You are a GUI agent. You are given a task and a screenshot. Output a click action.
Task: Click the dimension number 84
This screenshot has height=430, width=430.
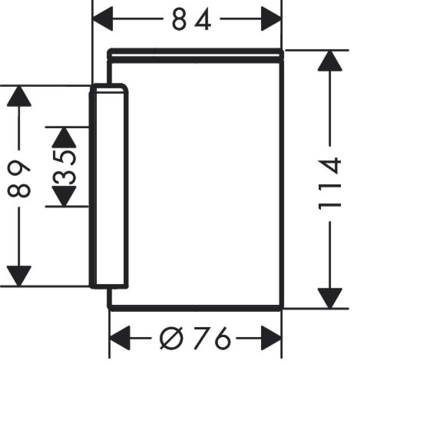click(x=191, y=19)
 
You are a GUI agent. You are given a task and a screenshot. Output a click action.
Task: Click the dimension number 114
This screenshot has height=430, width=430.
click(x=330, y=184)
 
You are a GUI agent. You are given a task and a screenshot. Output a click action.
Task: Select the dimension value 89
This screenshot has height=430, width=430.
click(x=18, y=178)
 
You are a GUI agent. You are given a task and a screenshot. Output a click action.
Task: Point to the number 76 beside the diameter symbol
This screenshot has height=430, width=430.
click(x=213, y=338)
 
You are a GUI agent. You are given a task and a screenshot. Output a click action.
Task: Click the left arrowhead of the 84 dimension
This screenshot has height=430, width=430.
click(x=103, y=18)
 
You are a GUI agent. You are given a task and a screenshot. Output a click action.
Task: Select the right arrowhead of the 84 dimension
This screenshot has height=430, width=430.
click(x=271, y=18)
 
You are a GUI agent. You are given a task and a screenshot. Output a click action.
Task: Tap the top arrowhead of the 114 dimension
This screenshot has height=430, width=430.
click(x=330, y=61)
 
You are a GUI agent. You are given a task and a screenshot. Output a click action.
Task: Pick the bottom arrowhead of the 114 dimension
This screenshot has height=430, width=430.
click(x=330, y=298)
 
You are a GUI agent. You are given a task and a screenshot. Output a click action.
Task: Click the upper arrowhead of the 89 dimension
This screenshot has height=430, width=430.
click(x=18, y=96)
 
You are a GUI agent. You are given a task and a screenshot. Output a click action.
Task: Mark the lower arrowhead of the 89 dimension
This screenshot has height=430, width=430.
click(x=18, y=276)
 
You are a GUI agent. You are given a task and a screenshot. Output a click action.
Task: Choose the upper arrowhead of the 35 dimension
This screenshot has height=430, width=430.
click(x=64, y=138)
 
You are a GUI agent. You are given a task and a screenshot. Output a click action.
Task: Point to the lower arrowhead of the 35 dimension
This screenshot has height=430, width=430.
click(x=64, y=196)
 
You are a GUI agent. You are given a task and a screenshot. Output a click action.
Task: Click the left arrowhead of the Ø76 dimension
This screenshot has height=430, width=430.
click(x=120, y=338)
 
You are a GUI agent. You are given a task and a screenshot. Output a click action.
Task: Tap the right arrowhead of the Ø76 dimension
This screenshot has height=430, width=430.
click(x=271, y=338)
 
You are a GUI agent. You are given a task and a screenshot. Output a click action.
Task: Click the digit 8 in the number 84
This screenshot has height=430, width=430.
click(x=179, y=19)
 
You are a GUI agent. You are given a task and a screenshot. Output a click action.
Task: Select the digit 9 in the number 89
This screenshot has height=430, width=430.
click(x=18, y=169)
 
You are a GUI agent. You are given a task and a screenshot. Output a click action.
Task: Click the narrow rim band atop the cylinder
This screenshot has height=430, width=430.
click(x=195, y=55)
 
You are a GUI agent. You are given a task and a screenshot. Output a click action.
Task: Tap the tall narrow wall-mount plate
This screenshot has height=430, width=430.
click(x=109, y=186)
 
